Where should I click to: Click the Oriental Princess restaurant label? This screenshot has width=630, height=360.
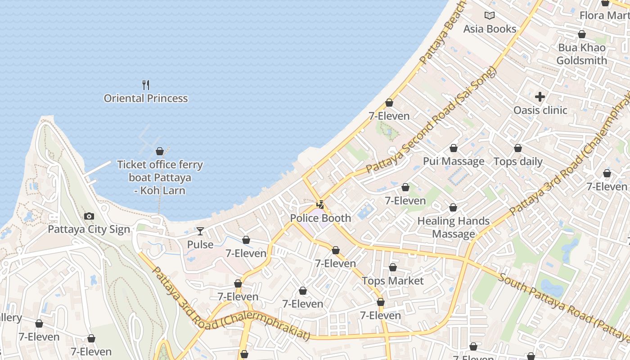tap(146, 98)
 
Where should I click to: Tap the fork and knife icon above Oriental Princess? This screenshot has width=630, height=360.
tap(146, 85)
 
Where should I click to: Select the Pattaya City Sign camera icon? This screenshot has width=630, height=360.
tap(89, 216)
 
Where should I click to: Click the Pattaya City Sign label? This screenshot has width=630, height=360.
tap(89, 229)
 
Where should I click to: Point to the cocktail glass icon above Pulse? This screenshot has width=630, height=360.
tap(200, 231)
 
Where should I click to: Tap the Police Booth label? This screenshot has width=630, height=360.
tap(320, 218)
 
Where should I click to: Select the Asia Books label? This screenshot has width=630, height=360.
tap(490, 29)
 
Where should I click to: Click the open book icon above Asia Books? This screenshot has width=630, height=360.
tap(490, 16)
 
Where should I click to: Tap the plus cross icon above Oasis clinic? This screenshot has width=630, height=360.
tap(540, 97)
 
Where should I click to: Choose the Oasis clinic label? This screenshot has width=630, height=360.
tap(540, 110)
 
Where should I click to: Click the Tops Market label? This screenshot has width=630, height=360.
tap(393, 281)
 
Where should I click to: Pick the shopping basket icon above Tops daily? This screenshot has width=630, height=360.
tap(518, 148)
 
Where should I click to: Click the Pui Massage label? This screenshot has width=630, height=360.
tap(454, 162)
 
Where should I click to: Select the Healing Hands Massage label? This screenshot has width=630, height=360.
tap(454, 227)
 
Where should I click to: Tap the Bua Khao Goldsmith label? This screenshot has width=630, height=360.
tap(581, 54)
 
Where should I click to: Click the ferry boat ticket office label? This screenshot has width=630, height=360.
tap(160, 177)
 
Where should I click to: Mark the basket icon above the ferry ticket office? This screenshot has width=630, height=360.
tap(160, 151)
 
